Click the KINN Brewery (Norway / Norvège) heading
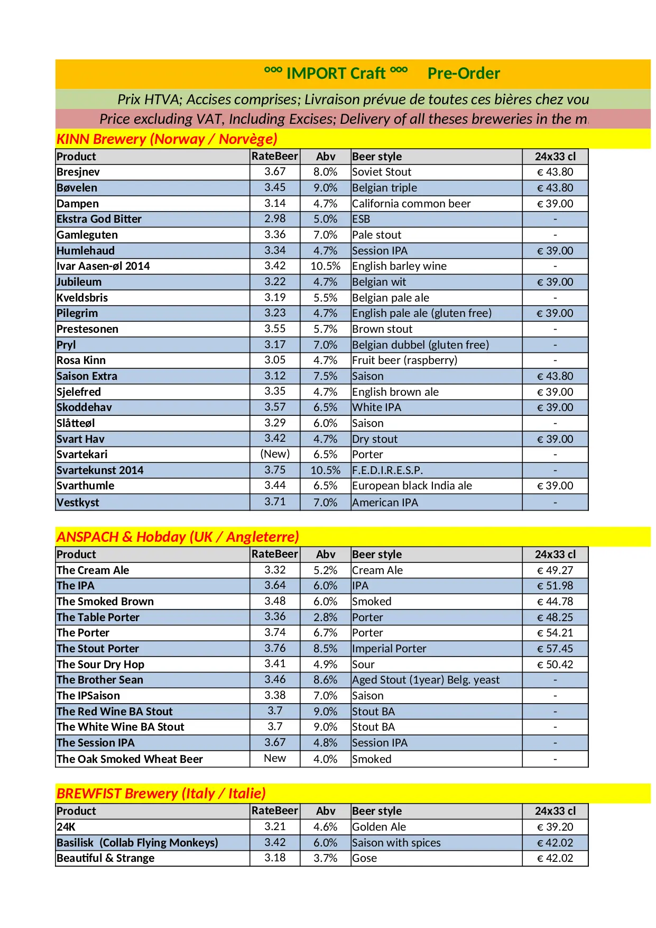(x=167, y=139)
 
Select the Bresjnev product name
(x=78, y=172)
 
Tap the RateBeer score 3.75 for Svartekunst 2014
(x=275, y=470)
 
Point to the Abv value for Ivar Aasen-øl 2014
(x=325, y=266)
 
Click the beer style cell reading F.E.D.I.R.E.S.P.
(x=387, y=470)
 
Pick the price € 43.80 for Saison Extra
(x=555, y=376)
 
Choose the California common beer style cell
(x=411, y=204)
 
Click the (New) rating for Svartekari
(x=275, y=454)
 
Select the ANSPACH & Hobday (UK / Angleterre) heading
(x=178, y=537)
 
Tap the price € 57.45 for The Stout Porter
(x=555, y=649)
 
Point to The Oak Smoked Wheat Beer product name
(x=130, y=759)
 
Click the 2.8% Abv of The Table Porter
(x=325, y=617)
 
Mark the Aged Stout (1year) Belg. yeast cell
(x=426, y=680)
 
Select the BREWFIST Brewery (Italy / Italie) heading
(x=161, y=794)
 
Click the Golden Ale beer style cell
(x=379, y=827)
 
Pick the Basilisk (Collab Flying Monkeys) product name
(x=137, y=843)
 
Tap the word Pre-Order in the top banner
(x=464, y=74)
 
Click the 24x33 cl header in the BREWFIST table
(x=555, y=811)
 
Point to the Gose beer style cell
(x=365, y=858)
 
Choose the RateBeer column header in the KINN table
(x=275, y=157)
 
